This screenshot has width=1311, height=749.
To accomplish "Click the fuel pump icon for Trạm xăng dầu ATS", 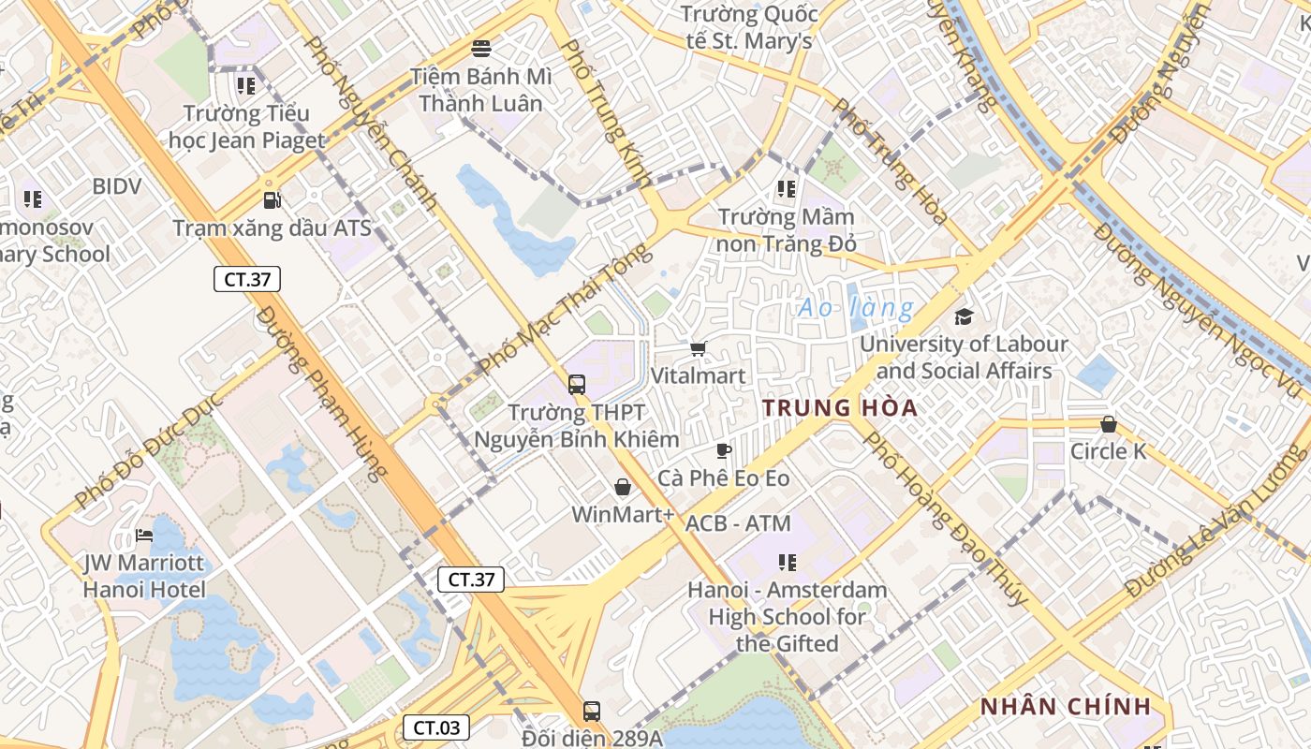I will [272, 199].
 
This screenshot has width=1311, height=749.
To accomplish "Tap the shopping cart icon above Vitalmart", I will [698, 349].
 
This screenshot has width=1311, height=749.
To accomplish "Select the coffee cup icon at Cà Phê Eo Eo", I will [723, 451].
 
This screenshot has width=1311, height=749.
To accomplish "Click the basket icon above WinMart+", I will [623, 487].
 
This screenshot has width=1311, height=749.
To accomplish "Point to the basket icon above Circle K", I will [1109, 424].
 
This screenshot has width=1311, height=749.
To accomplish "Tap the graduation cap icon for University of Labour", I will [964, 316].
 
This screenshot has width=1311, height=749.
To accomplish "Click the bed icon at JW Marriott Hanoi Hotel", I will [143, 536].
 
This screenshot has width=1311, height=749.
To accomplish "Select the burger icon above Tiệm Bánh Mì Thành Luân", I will [481, 48].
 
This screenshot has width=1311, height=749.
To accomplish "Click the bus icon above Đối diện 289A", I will [591, 711].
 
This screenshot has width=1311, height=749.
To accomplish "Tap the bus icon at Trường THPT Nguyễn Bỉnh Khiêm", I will [577, 384].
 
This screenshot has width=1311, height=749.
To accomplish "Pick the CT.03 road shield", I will [436, 727].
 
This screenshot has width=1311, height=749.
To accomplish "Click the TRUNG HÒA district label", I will [839, 408].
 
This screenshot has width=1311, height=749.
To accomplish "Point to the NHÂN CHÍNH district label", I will [1065, 707].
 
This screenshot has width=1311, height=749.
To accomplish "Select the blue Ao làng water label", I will [855, 307].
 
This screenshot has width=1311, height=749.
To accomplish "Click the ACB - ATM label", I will [738, 523].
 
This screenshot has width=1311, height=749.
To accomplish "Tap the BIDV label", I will [117, 186].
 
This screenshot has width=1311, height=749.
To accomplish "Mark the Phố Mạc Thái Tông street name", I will [563, 309].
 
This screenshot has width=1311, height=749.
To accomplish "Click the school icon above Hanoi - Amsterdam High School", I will [788, 563].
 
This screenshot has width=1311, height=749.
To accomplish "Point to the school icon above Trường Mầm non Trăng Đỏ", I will [787, 189].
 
